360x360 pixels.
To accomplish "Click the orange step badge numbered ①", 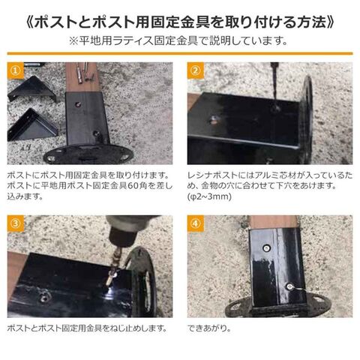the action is [x=16, y=70].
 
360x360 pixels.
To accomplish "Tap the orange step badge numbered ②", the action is [x=196, y=70].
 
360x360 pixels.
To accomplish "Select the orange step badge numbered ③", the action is [x=16, y=223].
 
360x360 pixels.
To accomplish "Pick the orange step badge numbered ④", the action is [x=196, y=223].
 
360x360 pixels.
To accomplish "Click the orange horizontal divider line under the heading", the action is [x=180, y=53].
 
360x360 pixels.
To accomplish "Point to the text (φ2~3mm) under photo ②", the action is [x=209, y=196].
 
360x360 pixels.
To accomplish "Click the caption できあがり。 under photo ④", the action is [x=209, y=328].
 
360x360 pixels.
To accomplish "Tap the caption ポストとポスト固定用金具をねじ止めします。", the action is [x=87, y=328].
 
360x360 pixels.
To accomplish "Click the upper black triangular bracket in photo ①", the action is [x=32, y=89].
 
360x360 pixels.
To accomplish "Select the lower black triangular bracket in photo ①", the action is [x=32, y=125].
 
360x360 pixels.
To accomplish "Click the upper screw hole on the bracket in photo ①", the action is [x=78, y=103].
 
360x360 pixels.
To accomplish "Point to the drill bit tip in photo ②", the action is [x=275, y=106].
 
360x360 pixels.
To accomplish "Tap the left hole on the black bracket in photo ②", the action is [x=213, y=119].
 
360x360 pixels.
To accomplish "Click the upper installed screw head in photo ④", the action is [x=267, y=247].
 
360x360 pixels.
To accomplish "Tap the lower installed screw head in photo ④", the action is [x=289, y=286].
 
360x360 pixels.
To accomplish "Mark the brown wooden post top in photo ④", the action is [x=274, y=221].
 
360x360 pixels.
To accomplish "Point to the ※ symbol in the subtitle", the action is [x=74, y=41].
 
